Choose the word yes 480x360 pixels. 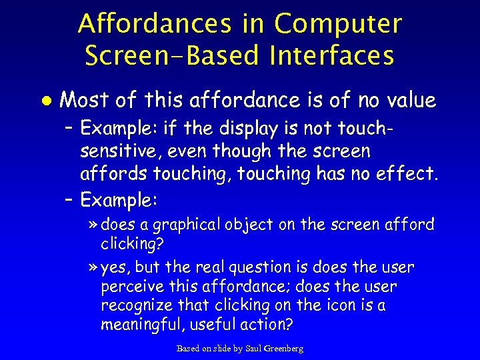coord(117,267)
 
